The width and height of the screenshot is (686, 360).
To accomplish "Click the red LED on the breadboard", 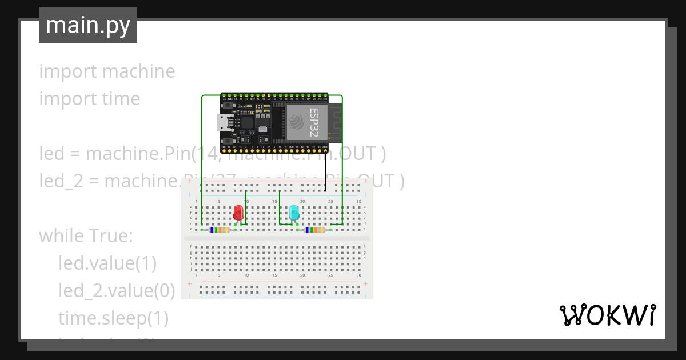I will [238, 213].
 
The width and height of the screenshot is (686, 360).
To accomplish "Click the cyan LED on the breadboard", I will [294, 213].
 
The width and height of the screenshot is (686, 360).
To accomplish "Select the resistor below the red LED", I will [220, 230].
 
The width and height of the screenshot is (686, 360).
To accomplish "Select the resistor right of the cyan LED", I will [315, 230].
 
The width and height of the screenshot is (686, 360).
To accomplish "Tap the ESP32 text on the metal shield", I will [313, 122].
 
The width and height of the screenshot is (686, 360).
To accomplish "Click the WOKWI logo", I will [607, 315].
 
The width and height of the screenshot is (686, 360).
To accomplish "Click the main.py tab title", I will [88, 25].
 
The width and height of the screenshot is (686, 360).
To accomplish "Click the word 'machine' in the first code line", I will [139, 71].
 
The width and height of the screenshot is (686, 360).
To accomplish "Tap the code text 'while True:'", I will [86, 236].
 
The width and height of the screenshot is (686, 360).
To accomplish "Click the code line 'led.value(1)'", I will [107, 263].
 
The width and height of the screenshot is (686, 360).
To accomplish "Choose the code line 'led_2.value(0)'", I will [117, 291].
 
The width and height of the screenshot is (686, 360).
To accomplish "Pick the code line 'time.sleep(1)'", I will [113, 318].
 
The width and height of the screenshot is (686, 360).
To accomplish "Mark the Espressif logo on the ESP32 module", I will [297, 122].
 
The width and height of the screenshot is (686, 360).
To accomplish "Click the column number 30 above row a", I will [358, 202].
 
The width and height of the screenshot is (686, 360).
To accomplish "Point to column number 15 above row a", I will [274, 202].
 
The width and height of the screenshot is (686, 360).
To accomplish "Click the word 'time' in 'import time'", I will [121, 99].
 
